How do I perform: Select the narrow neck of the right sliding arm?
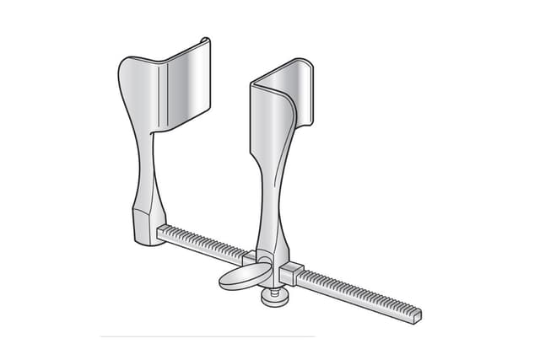point(268,198)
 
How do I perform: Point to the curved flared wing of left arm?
point(135,93)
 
